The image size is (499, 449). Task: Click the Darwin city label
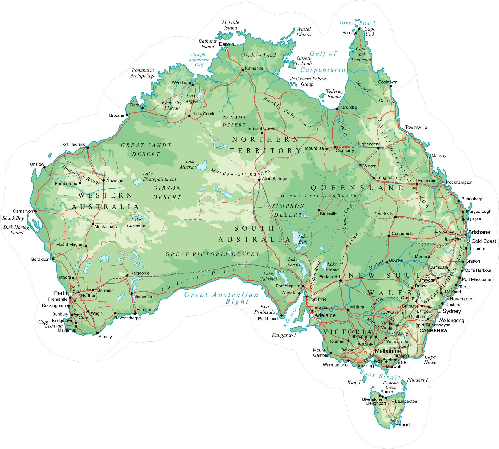226,44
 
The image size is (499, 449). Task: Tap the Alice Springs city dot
259,179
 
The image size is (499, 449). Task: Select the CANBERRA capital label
433,331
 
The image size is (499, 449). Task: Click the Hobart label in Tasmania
402,425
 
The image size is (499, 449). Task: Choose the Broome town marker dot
127,115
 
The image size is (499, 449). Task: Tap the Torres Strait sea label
357,23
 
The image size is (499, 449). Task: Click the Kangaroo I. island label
284,335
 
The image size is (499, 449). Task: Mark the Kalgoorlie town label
140,273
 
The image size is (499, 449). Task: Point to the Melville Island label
230,25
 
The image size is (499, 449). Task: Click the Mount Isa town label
314,148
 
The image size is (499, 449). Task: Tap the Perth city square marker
70,294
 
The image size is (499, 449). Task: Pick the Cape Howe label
430,360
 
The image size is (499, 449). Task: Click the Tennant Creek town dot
262,132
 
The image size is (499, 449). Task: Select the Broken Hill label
329,276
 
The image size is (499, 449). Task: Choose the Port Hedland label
73,144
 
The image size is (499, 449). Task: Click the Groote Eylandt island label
304,61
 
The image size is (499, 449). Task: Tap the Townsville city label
416,127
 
